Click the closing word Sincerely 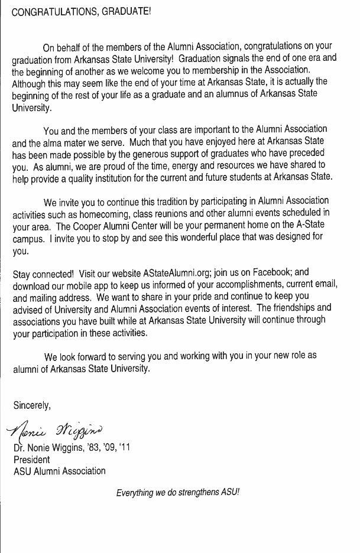coord(32,405)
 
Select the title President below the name coord(32,460)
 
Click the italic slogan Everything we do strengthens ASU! coord(178,492)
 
